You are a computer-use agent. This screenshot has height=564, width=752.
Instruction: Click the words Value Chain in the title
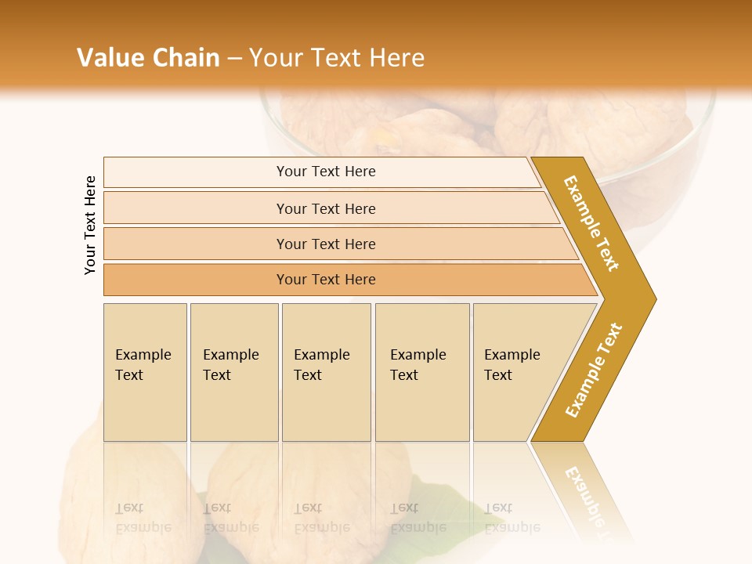148,57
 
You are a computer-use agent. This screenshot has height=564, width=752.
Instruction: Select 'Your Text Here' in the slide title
337,57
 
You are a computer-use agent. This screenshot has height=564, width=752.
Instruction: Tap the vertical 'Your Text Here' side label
90,225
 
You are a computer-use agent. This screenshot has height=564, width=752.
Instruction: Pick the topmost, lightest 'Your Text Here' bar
326,172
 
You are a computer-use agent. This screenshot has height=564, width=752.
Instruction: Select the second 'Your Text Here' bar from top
326,208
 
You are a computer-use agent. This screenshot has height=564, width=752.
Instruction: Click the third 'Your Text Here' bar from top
326,244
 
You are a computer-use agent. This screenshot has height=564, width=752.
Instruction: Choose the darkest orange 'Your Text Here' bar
326,280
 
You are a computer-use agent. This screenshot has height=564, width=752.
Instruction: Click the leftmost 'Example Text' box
145,371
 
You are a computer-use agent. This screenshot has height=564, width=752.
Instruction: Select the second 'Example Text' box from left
233,371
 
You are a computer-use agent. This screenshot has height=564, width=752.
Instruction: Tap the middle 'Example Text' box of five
326,371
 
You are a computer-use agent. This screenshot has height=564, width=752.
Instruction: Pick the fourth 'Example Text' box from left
422,371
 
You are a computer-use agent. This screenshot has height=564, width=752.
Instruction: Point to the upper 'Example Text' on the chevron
591,223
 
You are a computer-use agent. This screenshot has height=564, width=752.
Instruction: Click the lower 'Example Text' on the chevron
593,371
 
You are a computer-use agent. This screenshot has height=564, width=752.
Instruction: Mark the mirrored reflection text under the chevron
587,497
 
